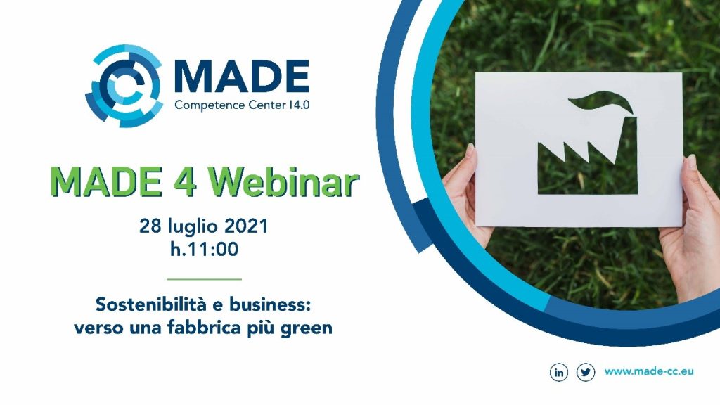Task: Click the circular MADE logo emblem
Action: pyautogui.click(x=124, y=86)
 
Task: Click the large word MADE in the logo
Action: pyautogui.click(x=242, y=76)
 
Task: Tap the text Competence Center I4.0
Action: pyautogui.click(x=242, y=105)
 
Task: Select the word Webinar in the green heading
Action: pyautogui.click(x=283, y=182)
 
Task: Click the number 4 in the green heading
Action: pyautogui.click(x=185, y=182)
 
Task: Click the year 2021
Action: pyautogui.click(x=246, y=226)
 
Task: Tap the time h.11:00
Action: pyautogui.click(x=205, y=250)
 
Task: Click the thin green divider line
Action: pyautogui.click(x=205, y=278)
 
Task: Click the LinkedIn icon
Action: pyautogui.click(x=559, y=372)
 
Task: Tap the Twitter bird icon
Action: pyautogui.click(x=586, y=372)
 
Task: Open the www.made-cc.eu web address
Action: pyautogui.click(x=649, y=371)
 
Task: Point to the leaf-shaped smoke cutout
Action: pyautogui.click(x=602, y=103)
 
